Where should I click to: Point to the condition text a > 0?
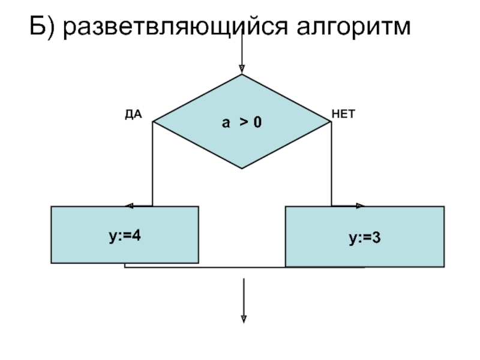pyautogui.click(x=242, y=122)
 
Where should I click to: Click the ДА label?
pyautogui.click(x=133, y=113)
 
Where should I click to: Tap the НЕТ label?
pyautogui.click(x=343, y=113)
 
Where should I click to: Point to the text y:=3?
pyautogui.click(x=365, y=238)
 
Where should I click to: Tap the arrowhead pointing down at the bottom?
pyautogui.click(x=244, y=319)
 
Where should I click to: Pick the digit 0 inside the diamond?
pyautogui.click(x=257, y=122)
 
